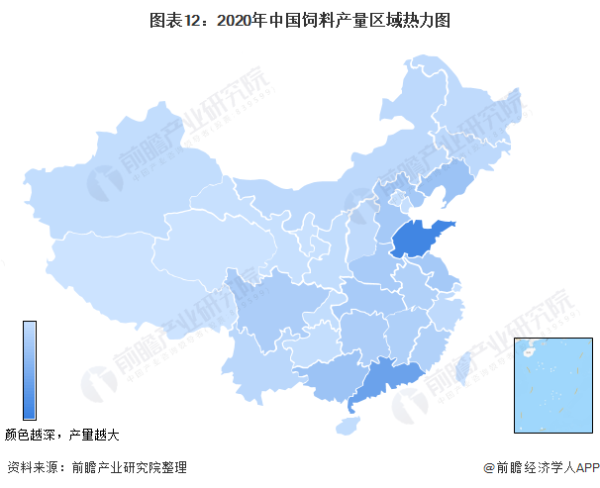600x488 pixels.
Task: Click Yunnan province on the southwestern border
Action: [x=252, y=366]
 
